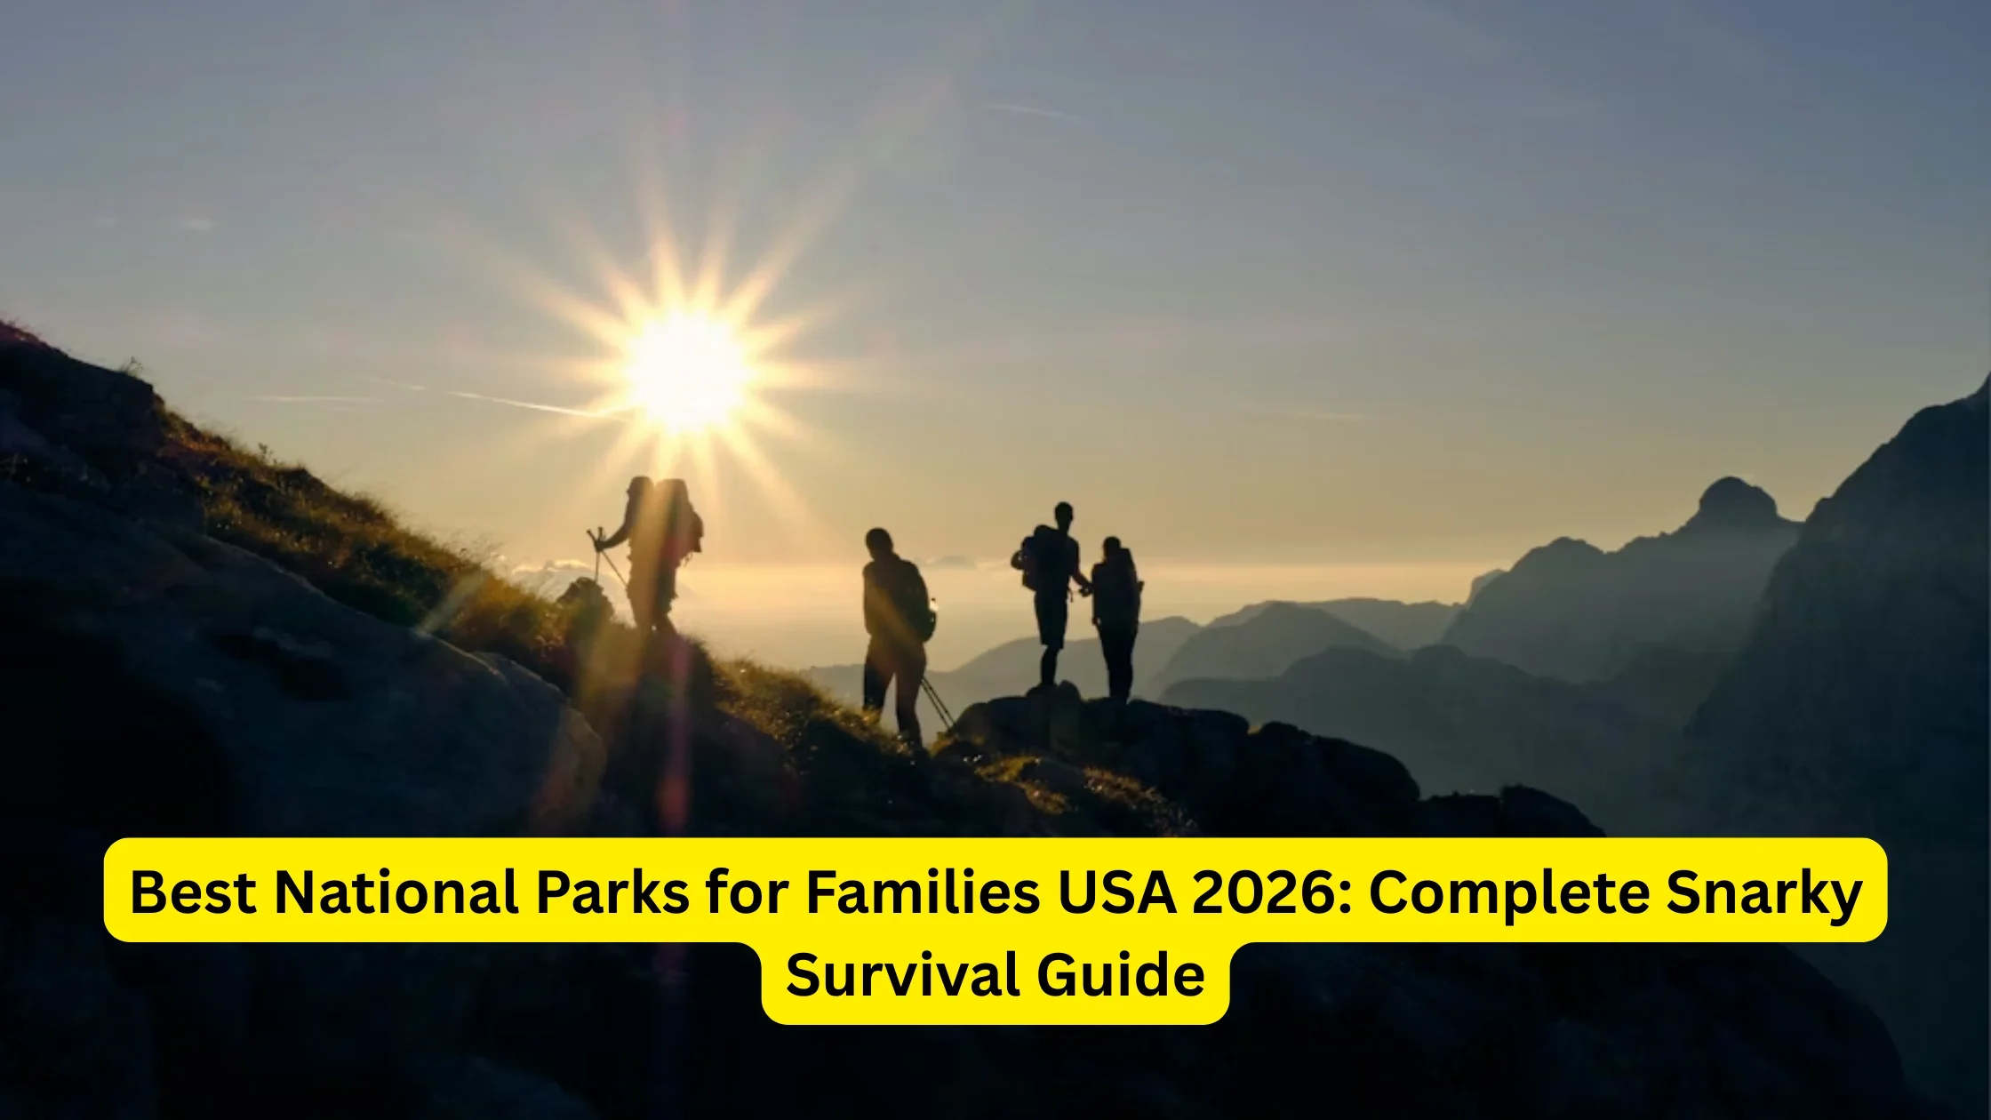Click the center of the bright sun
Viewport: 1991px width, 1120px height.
pyautogui.click(x=686, y=372)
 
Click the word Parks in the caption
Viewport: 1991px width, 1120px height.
pyautogui.click(x=612, y=892)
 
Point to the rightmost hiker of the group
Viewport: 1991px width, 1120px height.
pyautogui.click(x=1115, y=613)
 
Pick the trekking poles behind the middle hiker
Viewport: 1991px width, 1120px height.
pyautogui.click(x=938, y=702)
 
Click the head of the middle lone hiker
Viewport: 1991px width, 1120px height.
pyautogui.click(x=878, y=541)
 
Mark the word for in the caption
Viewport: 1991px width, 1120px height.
pyautogui.click(x=746, y=892)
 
